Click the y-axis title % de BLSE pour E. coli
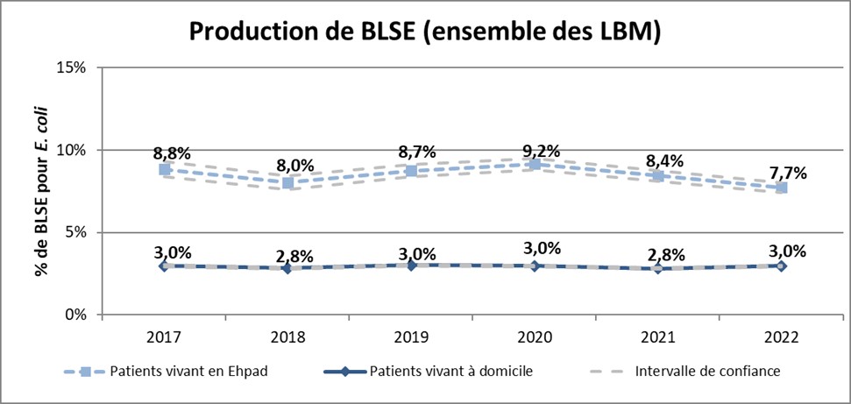pyautogui.click(x=41, y=190)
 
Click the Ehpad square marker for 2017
pyautogui.click(x=164, y=169)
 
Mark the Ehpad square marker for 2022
pyautogui.click(x=782, y=188)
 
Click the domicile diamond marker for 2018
pyautogui.click(x=287, y=268)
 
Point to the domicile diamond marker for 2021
pyautogui.click(x=658, y=268)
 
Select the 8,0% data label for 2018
pyautogui.click(x=292, y=165)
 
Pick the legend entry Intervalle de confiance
pyautogui.click(x=706, y=371)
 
